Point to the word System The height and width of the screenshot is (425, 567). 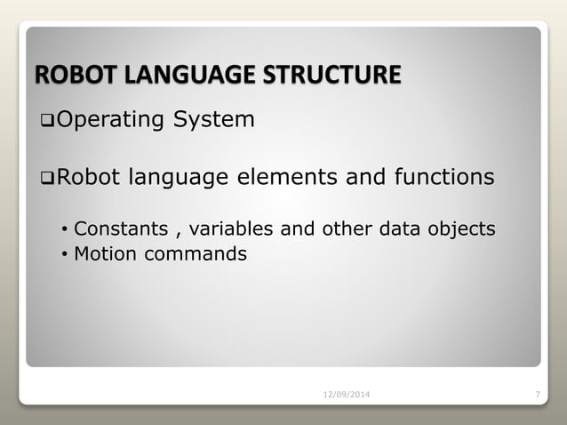click(x=213, y=119)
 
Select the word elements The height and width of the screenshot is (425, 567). click(x=284, y=178)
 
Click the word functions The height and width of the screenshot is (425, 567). click(x=440, y=178)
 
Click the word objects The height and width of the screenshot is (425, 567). click(x=462, y=229)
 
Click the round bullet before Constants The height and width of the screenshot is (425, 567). click(x=64, y=229)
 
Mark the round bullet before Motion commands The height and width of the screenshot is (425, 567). click(x=64, y=255)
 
